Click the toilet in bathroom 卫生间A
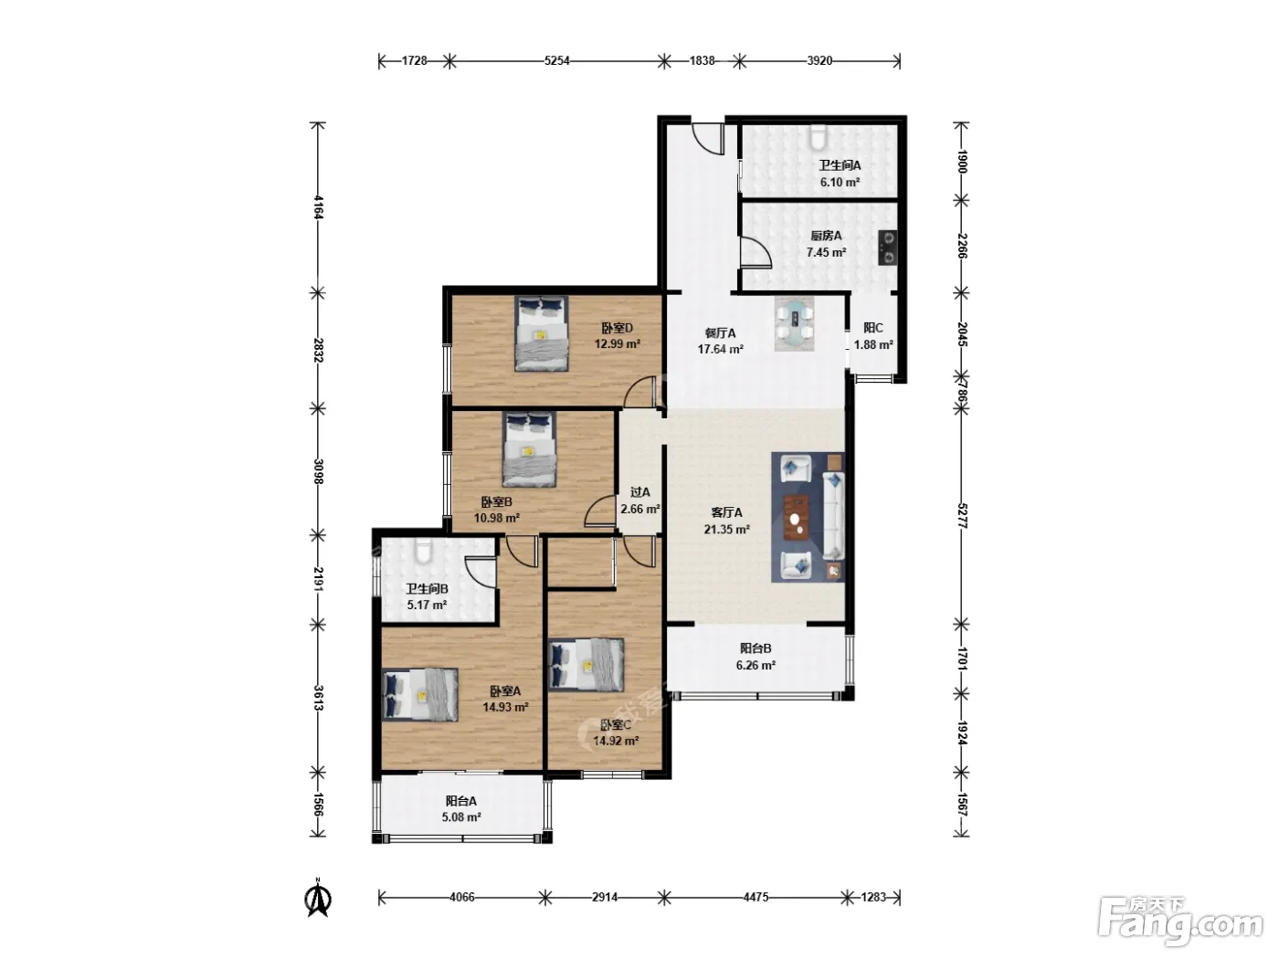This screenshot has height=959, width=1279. click(818, 136)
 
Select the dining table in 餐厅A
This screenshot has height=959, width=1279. click(794, 323)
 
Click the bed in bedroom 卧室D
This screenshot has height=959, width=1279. click(541, 333)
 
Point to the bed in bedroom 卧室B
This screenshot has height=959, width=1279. click(529, 449)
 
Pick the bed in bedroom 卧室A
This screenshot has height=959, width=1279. click(420, 694)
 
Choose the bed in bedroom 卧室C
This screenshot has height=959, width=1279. click(587, 665)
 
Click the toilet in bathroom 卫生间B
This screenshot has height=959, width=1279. click(424, 550)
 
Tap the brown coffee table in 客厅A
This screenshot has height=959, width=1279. click(796, 518)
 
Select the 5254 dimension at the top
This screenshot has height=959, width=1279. click(557, 60)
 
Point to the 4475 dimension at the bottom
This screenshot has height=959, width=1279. click(756, 897)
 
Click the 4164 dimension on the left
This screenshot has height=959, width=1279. click(318, 206)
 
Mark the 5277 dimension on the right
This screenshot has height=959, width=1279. click(962, 515)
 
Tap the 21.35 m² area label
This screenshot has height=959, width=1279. click(726, 530)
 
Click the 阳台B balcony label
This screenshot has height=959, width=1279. click(756, 648)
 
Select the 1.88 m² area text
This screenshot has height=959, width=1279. click(873, 344)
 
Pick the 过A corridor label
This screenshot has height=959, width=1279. click(639, 492)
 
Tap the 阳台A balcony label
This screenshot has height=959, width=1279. click(461, 801)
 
